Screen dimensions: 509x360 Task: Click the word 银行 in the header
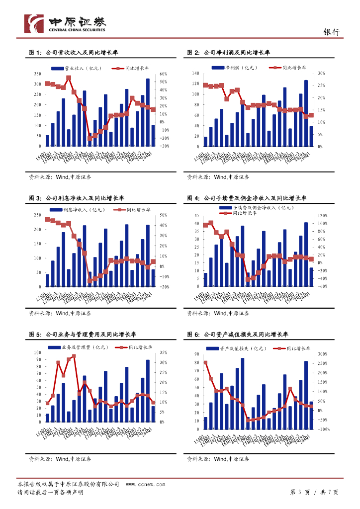coord(332,32)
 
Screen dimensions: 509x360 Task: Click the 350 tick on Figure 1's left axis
coord(37,74)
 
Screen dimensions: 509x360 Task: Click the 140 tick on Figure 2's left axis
coord(194,74)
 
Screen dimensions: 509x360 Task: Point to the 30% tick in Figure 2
coord(321,74)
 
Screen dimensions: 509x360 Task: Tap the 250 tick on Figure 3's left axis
coord(37,215)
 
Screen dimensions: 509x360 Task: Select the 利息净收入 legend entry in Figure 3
coord(82,210)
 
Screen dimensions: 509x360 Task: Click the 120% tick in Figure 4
coord(322,216)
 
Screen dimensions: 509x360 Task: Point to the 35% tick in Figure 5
coord(164,353)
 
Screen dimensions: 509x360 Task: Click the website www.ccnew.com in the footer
coord(146,484)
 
